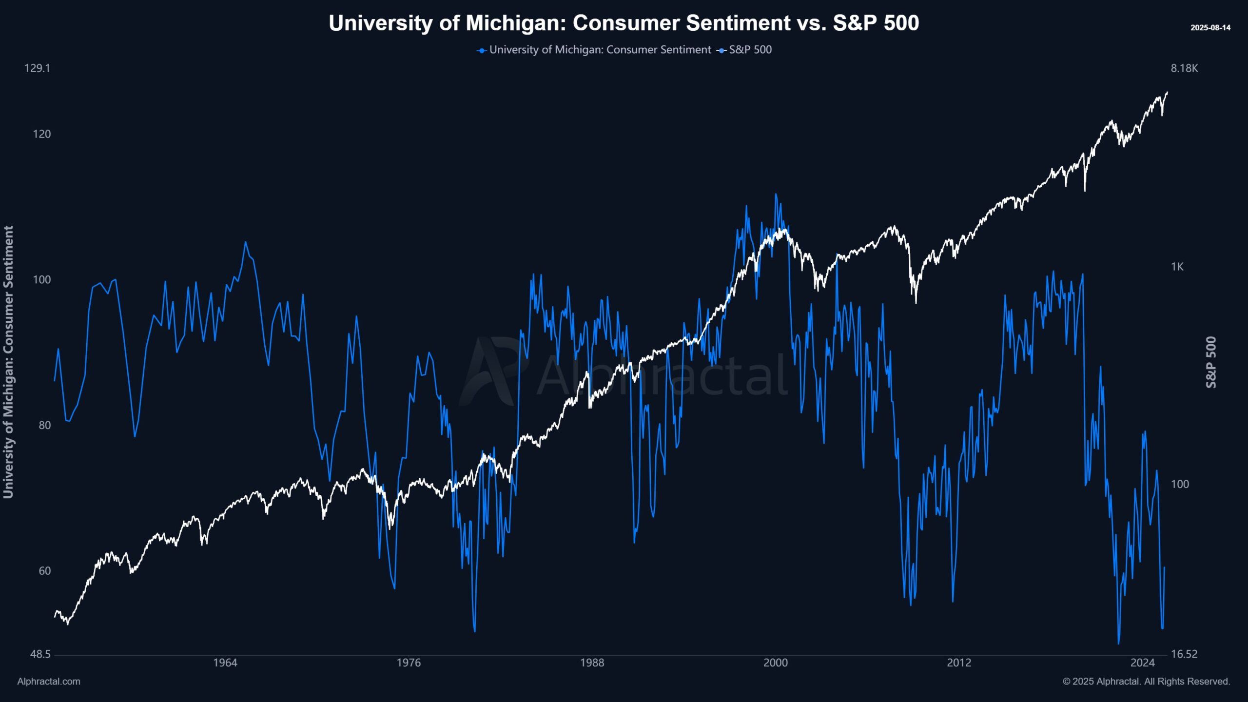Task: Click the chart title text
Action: [x=624, y=23]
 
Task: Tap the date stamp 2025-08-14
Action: [x=1210, y=28]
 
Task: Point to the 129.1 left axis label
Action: [x=37, y=68]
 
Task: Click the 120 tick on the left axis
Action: [x=41, y=134]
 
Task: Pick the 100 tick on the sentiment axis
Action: [x=41, y=280]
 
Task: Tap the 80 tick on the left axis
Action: [x=44, y=425]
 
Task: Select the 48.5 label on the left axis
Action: [x=40, y=654]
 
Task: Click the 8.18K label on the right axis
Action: [x=1184, y=68]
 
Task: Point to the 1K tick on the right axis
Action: [x=1177, y=267]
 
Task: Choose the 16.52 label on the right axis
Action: [x=1184, y=654]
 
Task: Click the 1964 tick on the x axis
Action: [x=225, y=663]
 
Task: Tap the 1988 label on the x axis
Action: [x=592, y=663]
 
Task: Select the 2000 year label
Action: [x=775, y=663]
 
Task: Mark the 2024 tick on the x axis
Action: [x=1143, y=663]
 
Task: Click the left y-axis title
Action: [x=8, y=362]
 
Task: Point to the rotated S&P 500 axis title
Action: [x=1211, y=362]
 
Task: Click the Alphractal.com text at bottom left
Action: [x=49, y=682]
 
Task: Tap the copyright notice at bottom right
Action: [x=1146, y=682]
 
